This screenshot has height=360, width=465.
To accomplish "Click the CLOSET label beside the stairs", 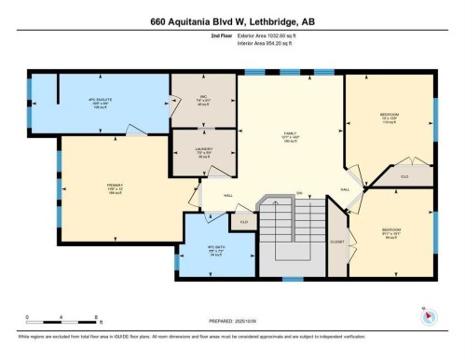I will tap(336, 241).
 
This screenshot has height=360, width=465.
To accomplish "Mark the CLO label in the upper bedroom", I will tap(404, 175).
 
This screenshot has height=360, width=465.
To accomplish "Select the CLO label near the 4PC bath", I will tap(243, 222).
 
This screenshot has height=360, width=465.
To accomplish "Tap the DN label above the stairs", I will tap(300, 193).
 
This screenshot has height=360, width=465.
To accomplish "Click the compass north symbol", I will tap(429, 315).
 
